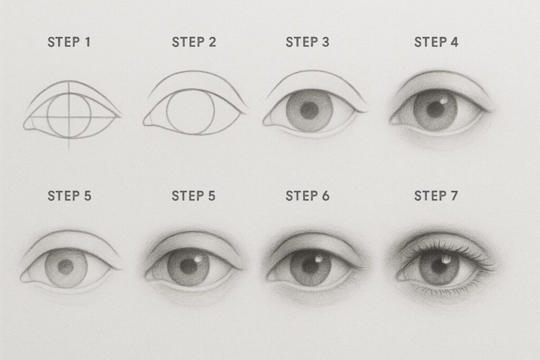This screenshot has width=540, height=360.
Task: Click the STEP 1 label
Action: click(x=69, y=43)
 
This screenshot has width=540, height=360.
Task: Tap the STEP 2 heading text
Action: click(x=194, y=43)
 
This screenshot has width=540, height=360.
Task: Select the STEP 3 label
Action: click(x=307, y=43)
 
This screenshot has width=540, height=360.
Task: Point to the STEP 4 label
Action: click(x=436, y=43)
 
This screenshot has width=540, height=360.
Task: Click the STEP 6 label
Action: click(x=307, y=196)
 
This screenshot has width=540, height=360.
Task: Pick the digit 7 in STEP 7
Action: click(x=455, y=196)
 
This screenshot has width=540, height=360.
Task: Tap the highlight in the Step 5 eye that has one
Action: click(x=197, y=258)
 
